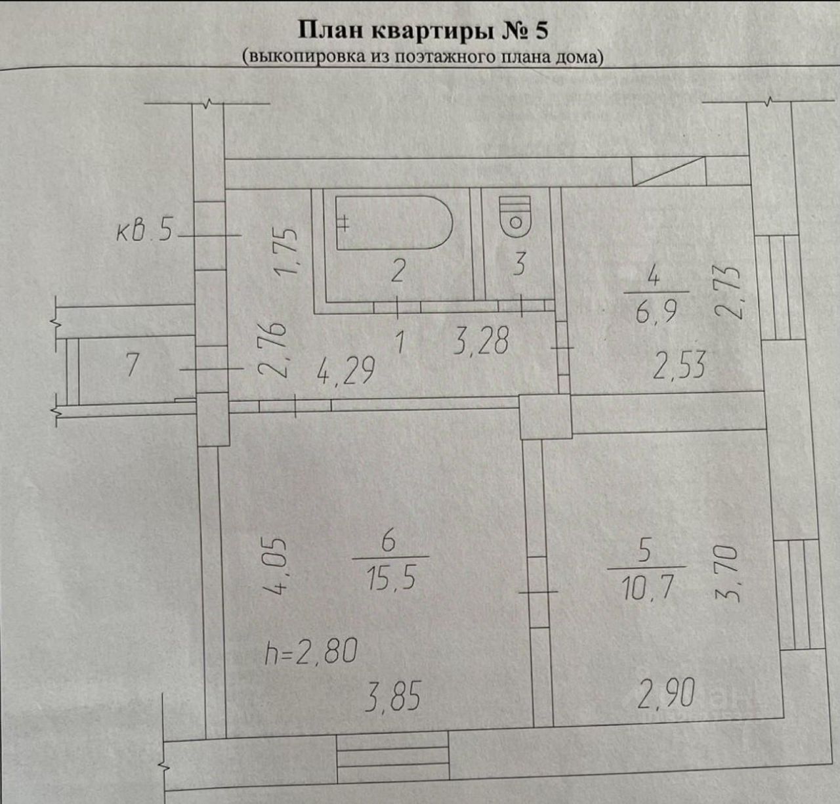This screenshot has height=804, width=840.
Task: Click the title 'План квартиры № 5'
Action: [x=423, y=30]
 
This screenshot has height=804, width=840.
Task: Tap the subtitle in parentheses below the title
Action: [x=423, y=56]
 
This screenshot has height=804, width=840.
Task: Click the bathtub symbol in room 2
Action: [x=394, y=222]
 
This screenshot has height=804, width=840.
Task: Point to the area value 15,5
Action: [x=391, y=579]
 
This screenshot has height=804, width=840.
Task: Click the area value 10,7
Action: [x=647, y=588]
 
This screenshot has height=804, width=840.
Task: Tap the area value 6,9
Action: [x=654, y=313]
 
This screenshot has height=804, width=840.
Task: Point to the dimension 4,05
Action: [x=277, y=566]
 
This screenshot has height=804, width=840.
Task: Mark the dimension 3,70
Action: [x=732, y=576]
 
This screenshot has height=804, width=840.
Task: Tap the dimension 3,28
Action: [x=480, y=343]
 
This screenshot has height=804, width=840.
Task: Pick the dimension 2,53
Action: [x=679, y=366]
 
